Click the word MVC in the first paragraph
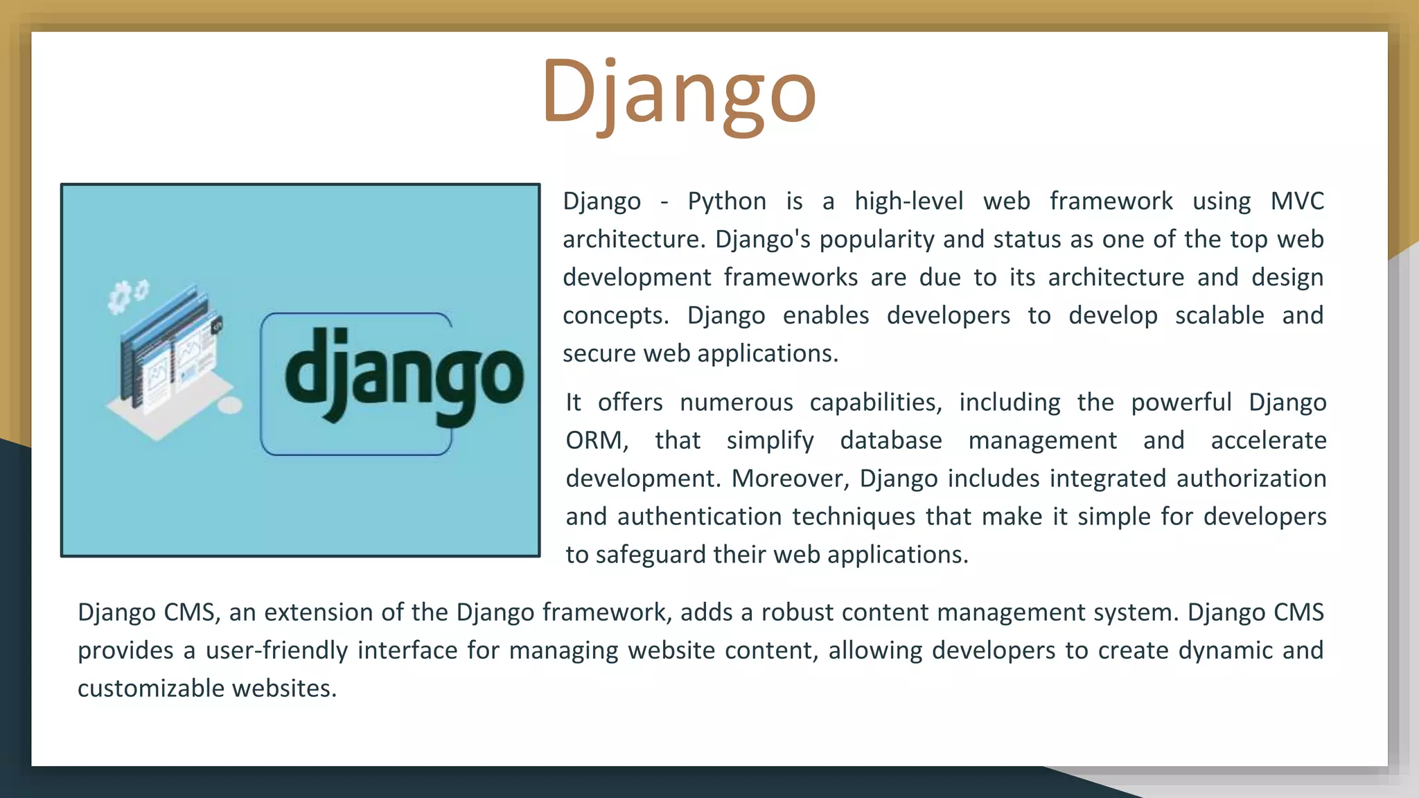click(x=1296, y=201)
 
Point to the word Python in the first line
click(x=727, y=201)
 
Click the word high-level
click(x=908, y=201)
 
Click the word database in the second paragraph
click(x=891, y=441)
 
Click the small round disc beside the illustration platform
click(x=230, y=406)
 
